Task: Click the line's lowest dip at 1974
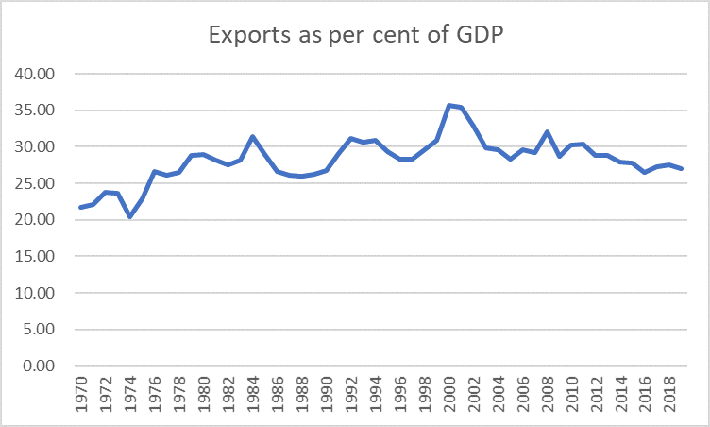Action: point(129,216)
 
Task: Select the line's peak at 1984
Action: point(252,136)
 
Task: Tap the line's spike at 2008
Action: point(547,131)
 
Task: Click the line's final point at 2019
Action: point(682,168)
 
